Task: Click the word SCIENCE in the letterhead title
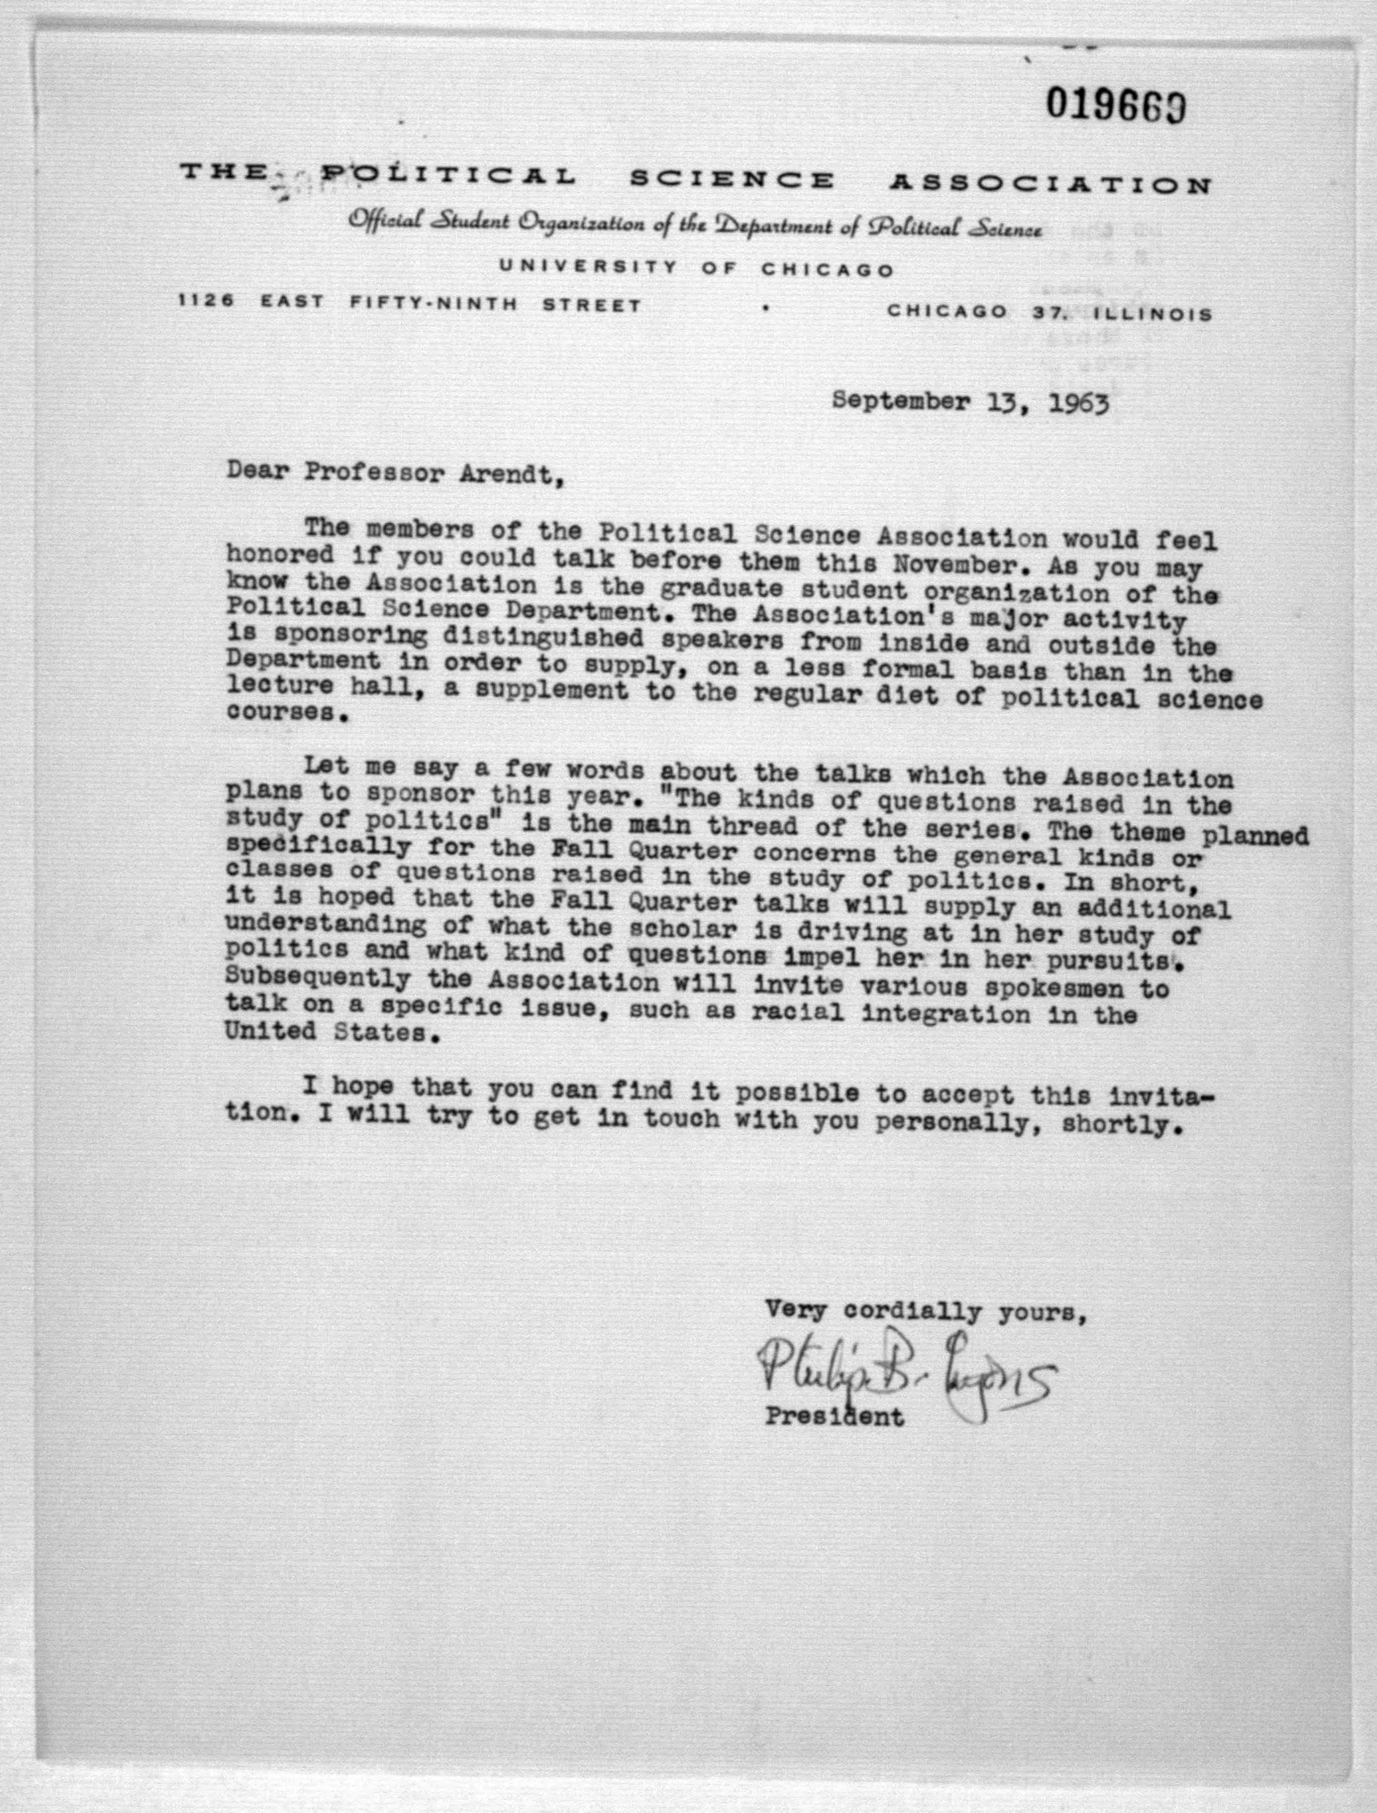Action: pyautogui.click(x=731, y=180)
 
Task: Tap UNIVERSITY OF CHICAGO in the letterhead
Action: pyautogui.click(x=696, y=268)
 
